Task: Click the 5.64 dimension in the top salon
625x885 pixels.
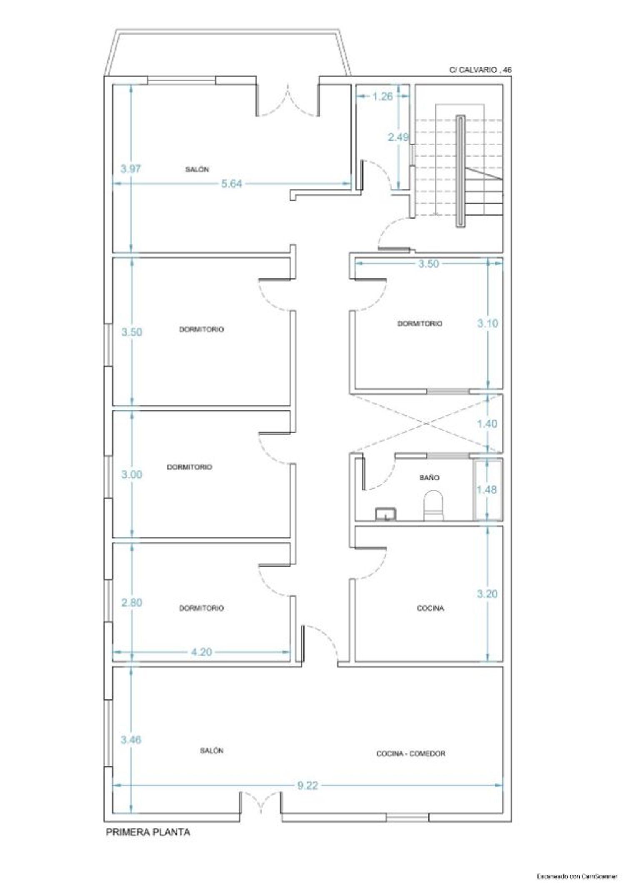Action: click(231, 183)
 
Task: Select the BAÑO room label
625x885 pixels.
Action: click(429, 477)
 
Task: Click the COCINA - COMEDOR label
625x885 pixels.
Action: click(410, 753)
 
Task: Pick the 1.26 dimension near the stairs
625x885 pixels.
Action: click(382, 96)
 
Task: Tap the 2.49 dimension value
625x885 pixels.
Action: click(398, 137)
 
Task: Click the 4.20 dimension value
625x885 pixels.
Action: click(201, 652)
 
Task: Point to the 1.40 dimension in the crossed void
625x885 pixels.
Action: click(487, 423)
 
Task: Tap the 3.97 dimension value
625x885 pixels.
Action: click(131, 169)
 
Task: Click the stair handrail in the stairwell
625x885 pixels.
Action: click(460, 171)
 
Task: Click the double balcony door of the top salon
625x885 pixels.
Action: click(287, 100)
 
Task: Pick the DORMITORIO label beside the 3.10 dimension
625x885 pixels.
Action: click(420, 323)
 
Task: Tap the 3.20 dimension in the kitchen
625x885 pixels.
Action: click(487, 594)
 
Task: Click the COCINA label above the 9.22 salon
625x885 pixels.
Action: click(430, 608)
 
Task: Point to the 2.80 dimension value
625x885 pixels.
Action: click(132, 602)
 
